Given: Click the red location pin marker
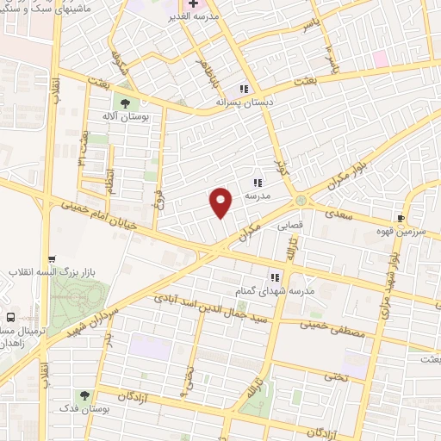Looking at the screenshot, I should pyautogui.click(x=222, y=202).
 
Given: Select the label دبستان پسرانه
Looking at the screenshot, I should pyautogui.click(x=245, y=101).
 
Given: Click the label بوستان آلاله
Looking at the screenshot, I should pyautogui.click(x=126, y=116).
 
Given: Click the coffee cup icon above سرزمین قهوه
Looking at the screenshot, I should pyautogui.click(x=401, y=218).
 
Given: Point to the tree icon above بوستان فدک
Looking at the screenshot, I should pyautogui.click(x=84, y=394).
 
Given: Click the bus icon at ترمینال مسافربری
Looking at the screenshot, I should pyautogui.click(x=10, y=317).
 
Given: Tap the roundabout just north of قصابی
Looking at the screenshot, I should pyautogui.click(x=301, y=201).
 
